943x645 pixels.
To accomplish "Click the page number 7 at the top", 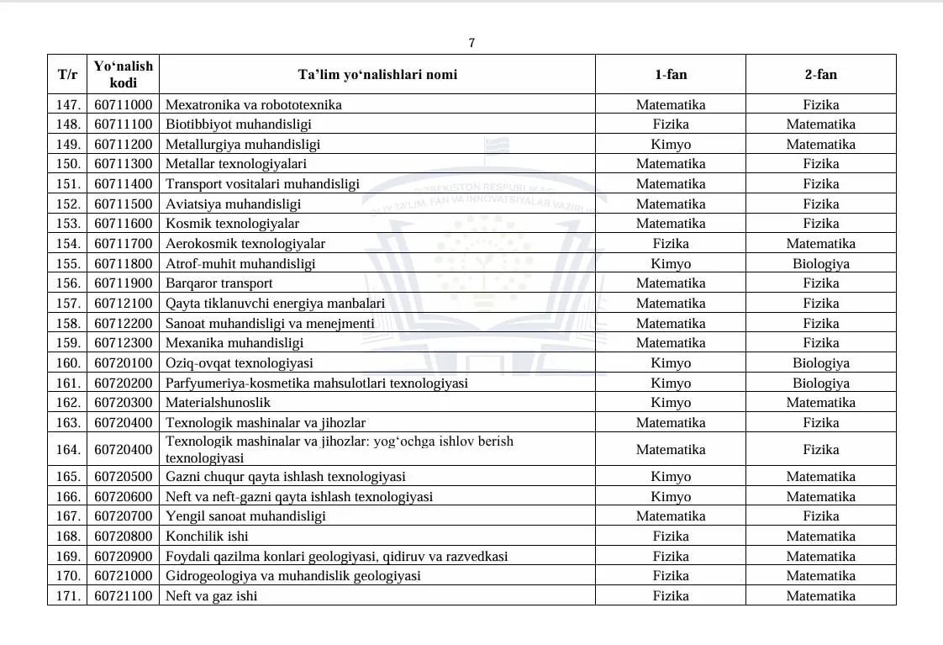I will coord(471,43).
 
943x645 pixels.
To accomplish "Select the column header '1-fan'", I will coord(671,74).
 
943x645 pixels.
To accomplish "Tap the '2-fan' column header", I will coord(820,74).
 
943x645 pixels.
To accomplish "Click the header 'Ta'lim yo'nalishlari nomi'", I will coord(377,74).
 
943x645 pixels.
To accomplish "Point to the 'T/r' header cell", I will coord(67,74).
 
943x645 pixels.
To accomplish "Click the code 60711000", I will coord(124,105).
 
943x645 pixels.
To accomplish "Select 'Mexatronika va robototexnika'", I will coord(253,105).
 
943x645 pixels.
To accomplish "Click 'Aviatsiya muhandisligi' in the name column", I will coord(233,204).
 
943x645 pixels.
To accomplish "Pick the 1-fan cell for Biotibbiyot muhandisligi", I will coord(671,124).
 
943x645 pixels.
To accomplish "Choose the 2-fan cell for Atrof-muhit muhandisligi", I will coord(820,263).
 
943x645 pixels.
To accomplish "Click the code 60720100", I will coord(124,363).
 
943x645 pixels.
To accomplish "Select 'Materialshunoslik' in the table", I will coord(218,403).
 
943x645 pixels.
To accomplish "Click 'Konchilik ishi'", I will coord(207,536).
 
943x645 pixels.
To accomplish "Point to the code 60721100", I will coord(124,595).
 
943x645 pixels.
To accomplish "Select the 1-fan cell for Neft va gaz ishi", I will coord(671,595).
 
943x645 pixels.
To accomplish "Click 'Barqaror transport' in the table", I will coord(219,283).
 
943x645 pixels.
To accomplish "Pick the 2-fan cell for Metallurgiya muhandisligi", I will coord(820,144).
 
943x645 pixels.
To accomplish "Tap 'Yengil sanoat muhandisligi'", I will coord(245,515).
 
